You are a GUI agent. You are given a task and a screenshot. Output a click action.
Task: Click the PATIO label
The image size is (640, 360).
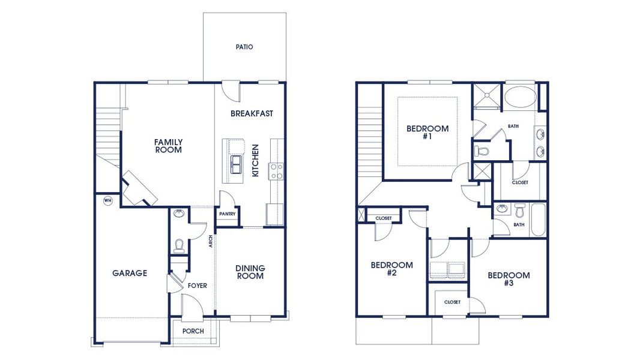[244, 47]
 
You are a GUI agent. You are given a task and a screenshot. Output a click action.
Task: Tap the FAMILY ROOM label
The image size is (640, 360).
[168, 146]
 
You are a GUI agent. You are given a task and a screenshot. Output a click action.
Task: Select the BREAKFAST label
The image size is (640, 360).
[252, 113]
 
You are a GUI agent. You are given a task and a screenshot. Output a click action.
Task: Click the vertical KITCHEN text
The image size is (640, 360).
[255, 160]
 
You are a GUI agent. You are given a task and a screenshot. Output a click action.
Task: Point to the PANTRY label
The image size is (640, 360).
[228, 214]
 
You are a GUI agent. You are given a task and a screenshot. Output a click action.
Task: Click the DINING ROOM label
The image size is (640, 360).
[250, 272]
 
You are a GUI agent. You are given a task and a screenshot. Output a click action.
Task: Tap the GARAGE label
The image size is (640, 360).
[129, 273]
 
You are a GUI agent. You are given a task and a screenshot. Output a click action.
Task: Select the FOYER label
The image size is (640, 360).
[197, 286]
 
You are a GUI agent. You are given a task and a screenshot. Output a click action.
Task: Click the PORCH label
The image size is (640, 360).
[193, 331]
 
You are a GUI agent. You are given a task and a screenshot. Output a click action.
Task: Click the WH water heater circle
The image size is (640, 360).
[108, 200]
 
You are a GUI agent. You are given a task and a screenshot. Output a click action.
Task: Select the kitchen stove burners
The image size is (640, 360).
[277, 171]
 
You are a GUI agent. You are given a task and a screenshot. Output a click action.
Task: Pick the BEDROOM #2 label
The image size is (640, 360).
[391, 269]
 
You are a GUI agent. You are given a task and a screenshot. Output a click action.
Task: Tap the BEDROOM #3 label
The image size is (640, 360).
[509, 279]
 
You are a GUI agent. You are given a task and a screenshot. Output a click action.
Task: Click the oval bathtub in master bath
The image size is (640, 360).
[520, 98]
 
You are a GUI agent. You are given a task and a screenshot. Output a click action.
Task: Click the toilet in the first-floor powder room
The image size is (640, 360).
[178, 245]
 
